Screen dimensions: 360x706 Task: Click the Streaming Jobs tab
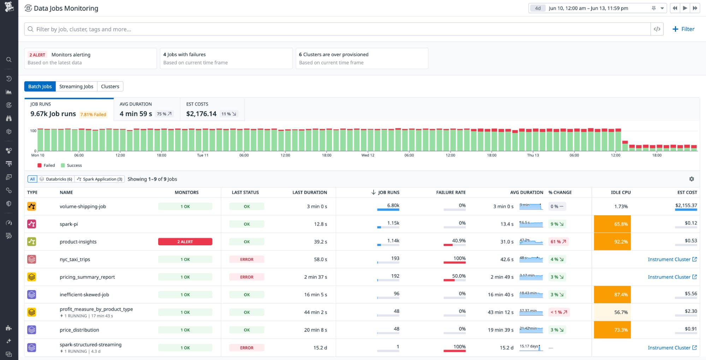tap(76, 86)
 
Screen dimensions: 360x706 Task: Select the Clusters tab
tap(110, 86)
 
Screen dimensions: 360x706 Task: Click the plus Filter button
tap(683, 29)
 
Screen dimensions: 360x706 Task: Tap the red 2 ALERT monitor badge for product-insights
tap(185, 242)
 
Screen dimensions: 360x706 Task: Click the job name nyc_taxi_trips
tap(75, 259)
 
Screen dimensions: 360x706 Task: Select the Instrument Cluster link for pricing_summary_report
tap(672, 277)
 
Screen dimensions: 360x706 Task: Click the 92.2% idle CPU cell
tap(612, 242)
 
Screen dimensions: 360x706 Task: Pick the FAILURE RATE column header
tap(451, 192)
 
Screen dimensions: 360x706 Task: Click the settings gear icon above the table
tap(692, 179)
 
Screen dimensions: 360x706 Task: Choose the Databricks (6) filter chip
tap(56, 179)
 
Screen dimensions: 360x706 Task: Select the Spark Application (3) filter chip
tap(100, 179)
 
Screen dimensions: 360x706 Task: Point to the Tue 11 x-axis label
tap(203, 155)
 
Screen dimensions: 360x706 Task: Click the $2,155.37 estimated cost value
tap(686, 205)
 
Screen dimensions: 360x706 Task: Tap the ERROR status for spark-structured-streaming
tap(247, 348)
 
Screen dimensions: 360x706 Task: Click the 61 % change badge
tap(558, 242)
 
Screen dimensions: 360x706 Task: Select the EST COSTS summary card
tap(212, 110)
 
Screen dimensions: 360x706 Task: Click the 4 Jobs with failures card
tap(226, 58)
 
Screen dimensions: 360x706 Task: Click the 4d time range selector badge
tap(538, 8)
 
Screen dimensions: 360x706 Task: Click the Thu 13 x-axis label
tap(533, 155)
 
